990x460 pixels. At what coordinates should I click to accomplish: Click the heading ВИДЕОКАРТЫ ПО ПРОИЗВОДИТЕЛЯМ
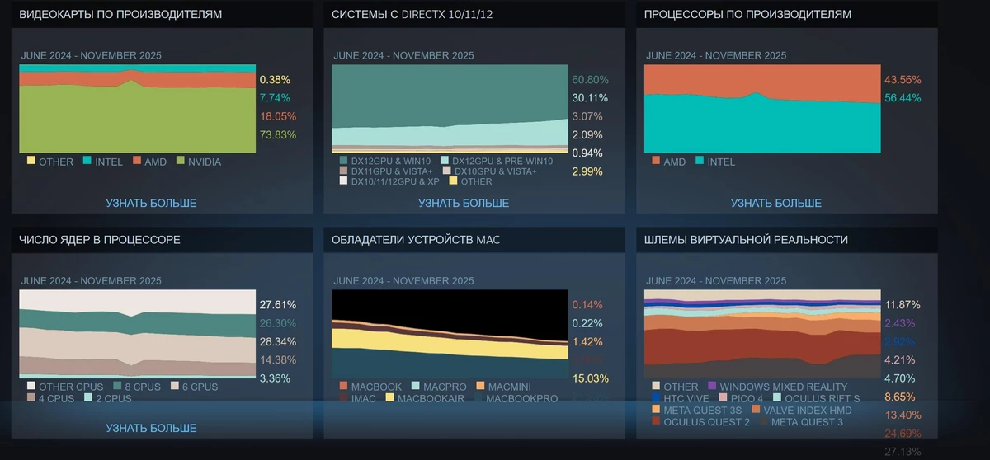(120, 15)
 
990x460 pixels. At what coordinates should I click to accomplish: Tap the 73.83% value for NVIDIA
(278, 134)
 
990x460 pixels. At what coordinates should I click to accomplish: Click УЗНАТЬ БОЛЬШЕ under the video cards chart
(151, 203)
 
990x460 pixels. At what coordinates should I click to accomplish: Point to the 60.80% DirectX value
(590, 80)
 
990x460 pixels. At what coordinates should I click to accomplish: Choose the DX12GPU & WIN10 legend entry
(386, 160)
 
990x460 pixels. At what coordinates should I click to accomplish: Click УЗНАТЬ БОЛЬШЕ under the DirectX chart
(464, 203)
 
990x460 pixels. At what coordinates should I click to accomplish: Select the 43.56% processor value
(903, 80)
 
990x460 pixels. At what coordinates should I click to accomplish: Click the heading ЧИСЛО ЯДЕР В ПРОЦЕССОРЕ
(100, 240)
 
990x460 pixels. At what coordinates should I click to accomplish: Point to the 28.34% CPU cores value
(278, 341)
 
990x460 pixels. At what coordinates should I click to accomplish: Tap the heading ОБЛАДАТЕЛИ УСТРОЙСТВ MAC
(416, 240)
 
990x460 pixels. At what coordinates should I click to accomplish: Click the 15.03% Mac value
(591, 378)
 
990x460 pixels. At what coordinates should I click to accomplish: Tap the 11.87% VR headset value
(903, 304)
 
